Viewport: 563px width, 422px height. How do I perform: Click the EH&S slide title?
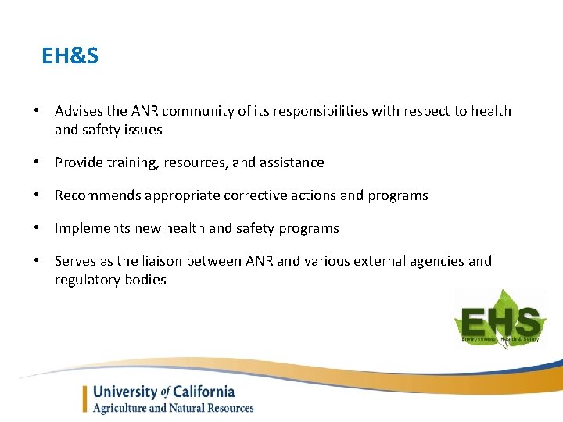click(70, 56)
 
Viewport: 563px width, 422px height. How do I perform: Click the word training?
click(122, 163)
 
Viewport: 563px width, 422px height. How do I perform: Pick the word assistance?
click(292, 163)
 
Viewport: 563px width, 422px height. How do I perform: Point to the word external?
click(385, 261)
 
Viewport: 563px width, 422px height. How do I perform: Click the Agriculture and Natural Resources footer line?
click(173, 408)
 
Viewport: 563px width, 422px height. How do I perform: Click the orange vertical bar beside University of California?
click(85, 399)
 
